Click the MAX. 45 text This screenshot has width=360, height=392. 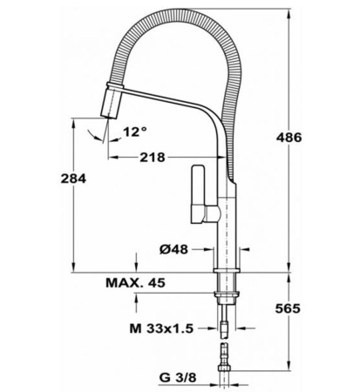pyautogui.click(x=135, y=284)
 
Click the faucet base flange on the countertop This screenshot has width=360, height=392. pyautogui.click(x=226, y=265)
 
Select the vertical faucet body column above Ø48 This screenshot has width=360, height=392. pyautogui.click(x=226, y=222)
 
